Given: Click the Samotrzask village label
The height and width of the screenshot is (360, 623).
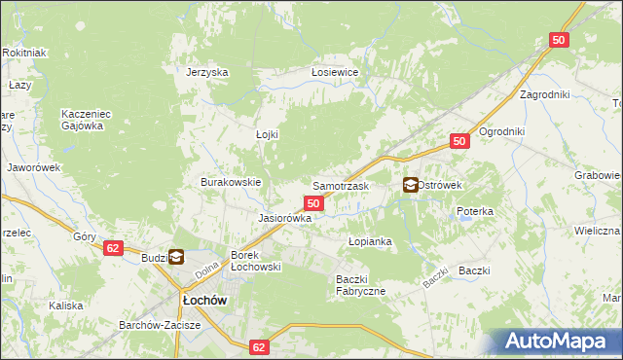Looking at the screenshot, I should pos(340,185).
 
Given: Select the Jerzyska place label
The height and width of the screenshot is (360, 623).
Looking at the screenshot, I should pos(207,72).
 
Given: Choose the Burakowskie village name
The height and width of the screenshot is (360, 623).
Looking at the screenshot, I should pos(231,182).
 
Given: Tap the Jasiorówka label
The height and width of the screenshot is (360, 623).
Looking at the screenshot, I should pos(283,218).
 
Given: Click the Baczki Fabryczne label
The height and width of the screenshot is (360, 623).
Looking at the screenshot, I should pos(360,285).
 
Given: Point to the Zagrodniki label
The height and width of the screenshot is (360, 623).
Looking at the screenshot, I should pos(544,95).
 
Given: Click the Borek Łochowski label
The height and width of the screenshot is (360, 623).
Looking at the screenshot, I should pos(255,261).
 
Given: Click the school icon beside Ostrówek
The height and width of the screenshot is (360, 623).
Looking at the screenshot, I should pos(411,184).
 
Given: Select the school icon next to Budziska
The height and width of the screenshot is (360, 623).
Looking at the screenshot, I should pos(176,257).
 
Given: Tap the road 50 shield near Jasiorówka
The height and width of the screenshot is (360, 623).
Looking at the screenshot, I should pos(312,202).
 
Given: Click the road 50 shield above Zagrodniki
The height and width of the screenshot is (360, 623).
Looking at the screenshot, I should pos(558,40).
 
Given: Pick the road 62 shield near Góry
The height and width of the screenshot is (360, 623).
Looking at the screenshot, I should pos(113,248).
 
